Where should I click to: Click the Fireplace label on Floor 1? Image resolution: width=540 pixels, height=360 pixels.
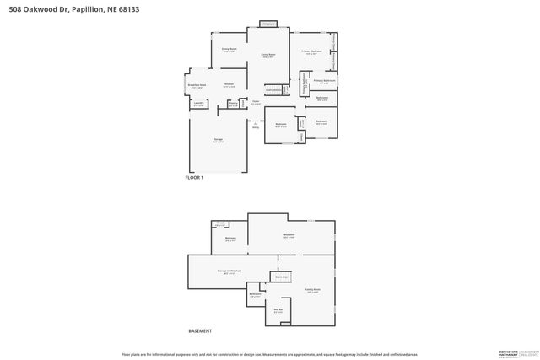coord(268,24)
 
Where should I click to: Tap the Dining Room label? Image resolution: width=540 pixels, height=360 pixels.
coord(229,50)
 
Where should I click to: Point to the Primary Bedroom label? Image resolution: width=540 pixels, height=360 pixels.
coord(312,51)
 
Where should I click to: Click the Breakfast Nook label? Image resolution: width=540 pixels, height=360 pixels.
coord(197,84)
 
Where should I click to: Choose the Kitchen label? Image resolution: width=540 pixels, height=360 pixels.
coord(229,84)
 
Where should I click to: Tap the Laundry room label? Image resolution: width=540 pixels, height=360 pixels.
coord(198,105)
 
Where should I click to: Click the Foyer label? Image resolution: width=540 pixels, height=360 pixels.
coord(254,101)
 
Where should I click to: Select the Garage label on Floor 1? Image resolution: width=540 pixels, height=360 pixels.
coord(218,140)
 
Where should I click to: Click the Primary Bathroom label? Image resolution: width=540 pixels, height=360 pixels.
coord(326,82)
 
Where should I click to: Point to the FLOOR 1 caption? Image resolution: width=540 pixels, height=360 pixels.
coord(194,178)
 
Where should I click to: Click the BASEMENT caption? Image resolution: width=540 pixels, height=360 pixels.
coord(199,330)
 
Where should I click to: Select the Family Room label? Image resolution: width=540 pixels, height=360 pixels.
coord(312,291)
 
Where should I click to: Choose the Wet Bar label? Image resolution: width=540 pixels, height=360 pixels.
coord(278,311)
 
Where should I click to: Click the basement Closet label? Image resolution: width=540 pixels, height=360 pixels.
coord(221,225)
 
